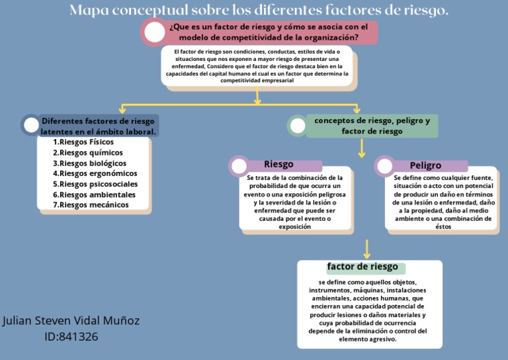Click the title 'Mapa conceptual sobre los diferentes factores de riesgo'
259,11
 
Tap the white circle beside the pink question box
154,32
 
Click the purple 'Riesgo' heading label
278,165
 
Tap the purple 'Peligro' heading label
425,165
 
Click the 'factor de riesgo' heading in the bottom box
362,267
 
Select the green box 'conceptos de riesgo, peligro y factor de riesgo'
372,126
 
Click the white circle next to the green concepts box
298,126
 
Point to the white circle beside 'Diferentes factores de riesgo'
31,124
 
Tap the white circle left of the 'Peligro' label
384,166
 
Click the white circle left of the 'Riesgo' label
239,166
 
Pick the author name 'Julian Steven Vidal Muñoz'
71,320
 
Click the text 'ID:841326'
71,336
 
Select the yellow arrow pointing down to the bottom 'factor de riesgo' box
366,249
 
